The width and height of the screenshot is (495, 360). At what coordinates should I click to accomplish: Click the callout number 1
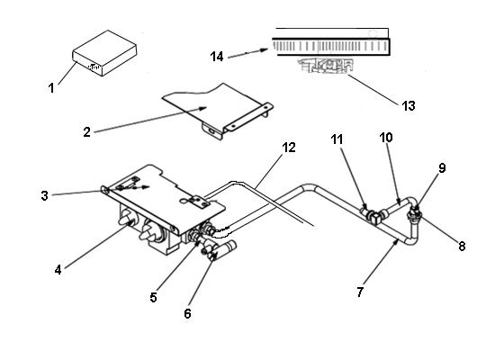51,88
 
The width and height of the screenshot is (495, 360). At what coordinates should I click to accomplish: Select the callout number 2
86,130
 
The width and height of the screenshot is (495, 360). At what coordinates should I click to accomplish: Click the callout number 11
337,139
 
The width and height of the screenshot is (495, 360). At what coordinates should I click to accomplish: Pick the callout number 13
408,105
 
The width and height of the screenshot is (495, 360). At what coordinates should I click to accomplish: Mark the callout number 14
217,57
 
